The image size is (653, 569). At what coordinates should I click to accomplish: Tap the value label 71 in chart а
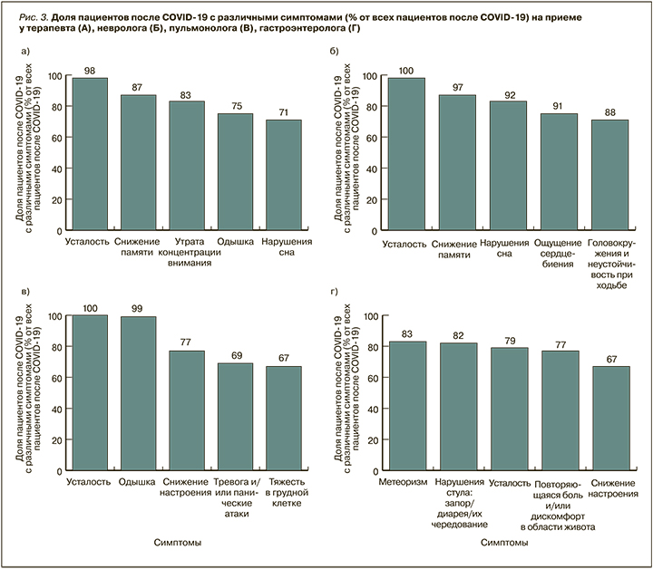coord(283,111)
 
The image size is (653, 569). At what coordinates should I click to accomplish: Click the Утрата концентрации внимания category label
coord(187,253)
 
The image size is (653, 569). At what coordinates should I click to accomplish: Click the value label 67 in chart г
coord(609,359)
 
